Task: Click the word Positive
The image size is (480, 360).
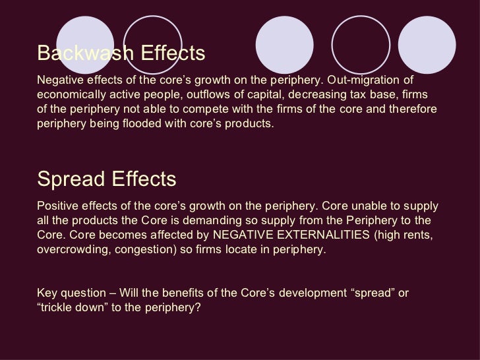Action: pyautogui.click(x=58, y=207)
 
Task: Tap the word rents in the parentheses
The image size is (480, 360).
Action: pyautogui.click(x=420, y=235)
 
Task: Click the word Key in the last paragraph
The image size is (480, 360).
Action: pyautogui.click(x=47, y=291)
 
